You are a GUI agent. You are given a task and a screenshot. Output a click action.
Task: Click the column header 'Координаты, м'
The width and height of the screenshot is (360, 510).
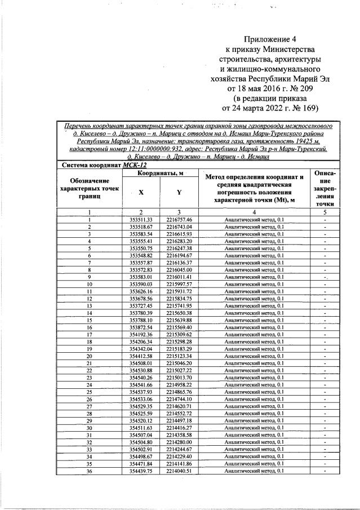161,175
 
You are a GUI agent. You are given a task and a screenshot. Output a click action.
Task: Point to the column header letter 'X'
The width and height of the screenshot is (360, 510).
141,192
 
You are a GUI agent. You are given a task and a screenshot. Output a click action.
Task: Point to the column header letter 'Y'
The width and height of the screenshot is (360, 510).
179,192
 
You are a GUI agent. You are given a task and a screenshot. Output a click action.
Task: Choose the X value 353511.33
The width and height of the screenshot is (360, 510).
141,219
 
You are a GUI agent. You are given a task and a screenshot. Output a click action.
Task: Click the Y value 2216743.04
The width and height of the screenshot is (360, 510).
179,227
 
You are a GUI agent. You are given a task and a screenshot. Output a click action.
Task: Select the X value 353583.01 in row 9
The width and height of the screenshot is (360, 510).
141,277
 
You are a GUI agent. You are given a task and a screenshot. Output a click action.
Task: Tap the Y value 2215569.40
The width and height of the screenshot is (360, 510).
179,327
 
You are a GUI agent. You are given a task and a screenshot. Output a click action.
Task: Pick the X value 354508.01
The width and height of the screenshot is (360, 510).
141,363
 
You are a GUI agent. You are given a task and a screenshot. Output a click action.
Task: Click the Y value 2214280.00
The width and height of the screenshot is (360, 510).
179,442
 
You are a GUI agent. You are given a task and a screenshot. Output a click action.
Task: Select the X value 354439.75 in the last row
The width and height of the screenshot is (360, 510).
141,471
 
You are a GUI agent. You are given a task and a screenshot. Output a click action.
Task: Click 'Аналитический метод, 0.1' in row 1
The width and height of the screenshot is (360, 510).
254,219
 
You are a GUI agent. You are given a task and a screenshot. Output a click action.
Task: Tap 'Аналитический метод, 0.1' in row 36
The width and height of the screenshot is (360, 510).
254,471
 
